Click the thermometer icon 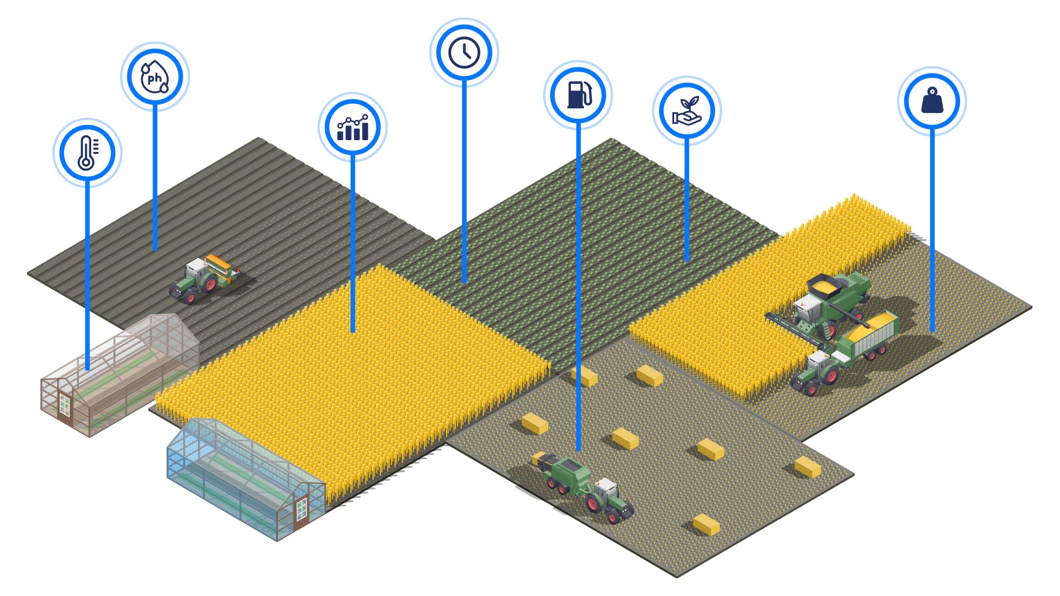[87, 153]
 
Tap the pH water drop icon [155, 77]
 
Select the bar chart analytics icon [353, 127]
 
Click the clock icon [464, 52]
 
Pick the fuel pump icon [578, 95]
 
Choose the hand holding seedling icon [687, 110]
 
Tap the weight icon [932, 102]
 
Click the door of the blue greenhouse [301, 510]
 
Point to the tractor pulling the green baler [607, 499]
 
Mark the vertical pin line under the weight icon [932, 232]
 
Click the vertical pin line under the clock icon [464, 182]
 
